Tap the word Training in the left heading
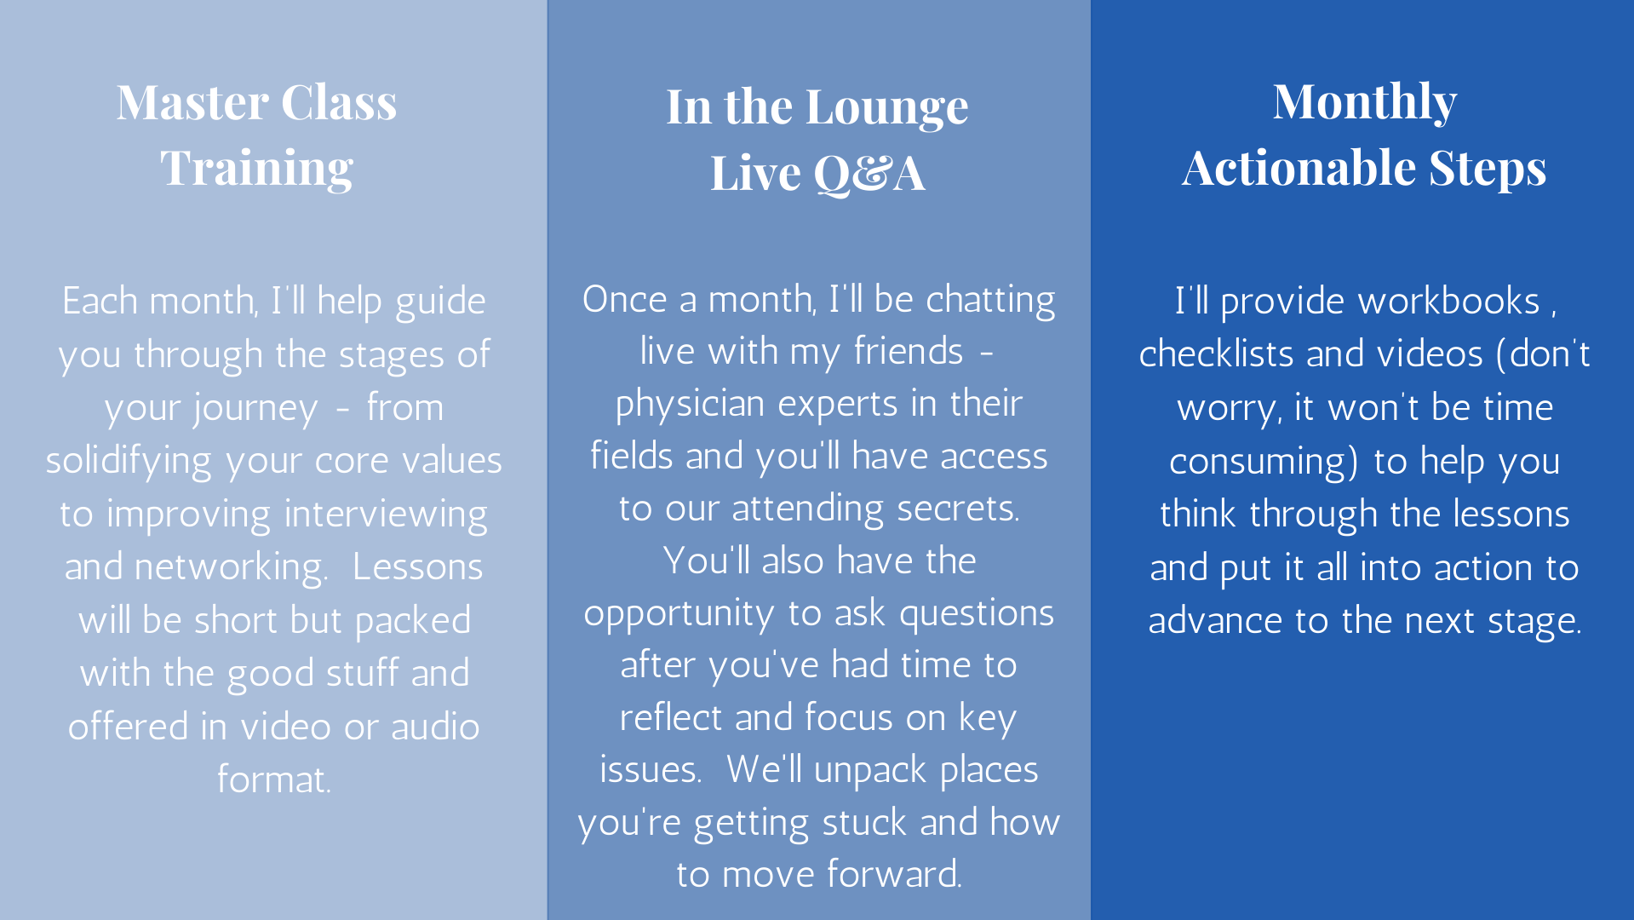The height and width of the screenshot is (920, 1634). point(256,169)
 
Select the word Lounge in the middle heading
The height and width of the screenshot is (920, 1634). point(886,109)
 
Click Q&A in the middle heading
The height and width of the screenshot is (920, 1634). point(869,174)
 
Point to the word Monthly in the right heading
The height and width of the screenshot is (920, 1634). point(1365,103)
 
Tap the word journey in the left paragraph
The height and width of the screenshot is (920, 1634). point(211,409)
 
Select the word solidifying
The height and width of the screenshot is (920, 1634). point(129,461)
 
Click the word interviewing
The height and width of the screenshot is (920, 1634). point(386,515)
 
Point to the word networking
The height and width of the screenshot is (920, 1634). point(231,568)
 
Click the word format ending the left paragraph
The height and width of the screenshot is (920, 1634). point(273,780)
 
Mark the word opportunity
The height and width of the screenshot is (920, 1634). point(679,614)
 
